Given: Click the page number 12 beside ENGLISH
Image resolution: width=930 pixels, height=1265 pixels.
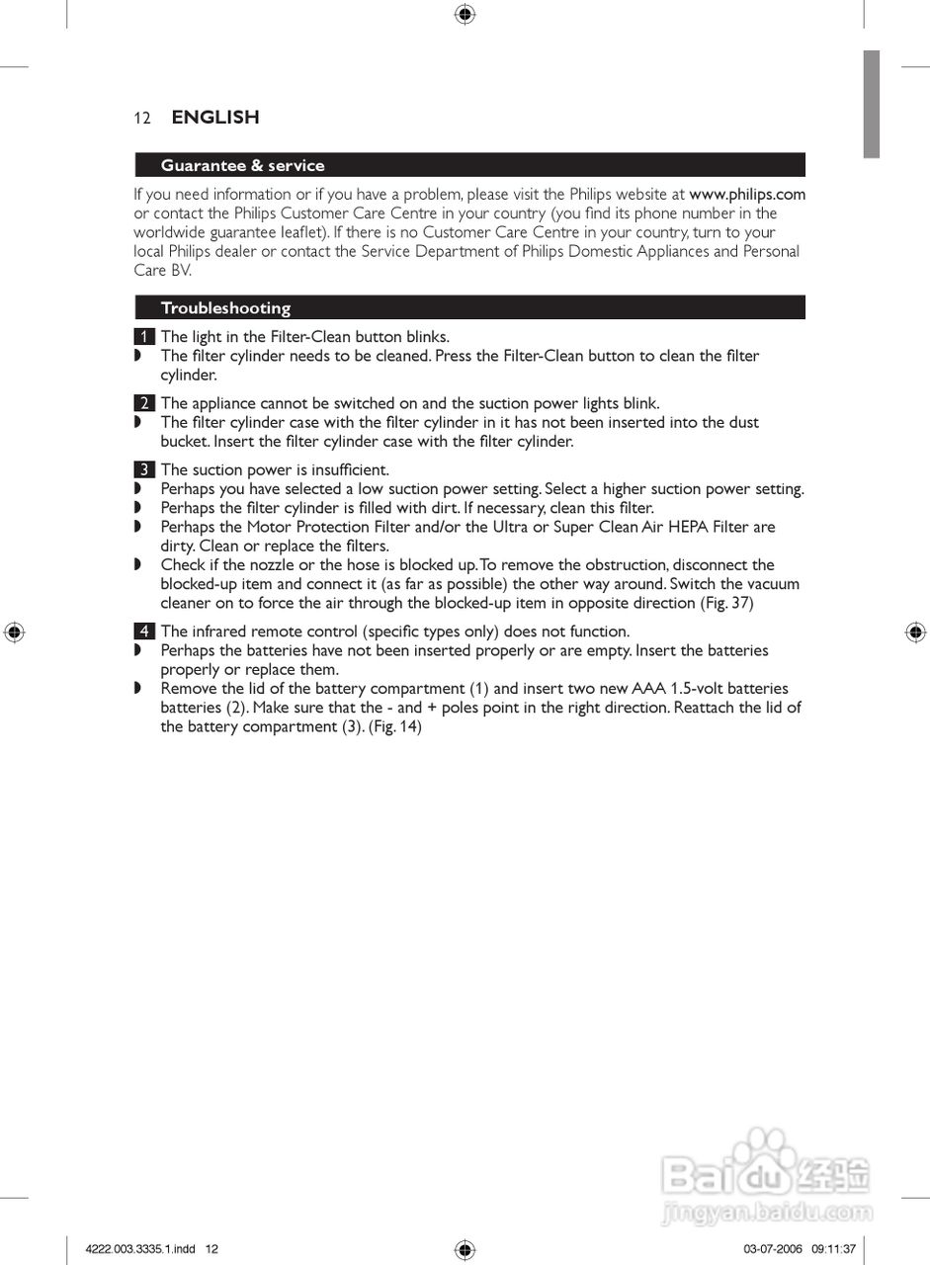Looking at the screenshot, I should [142, 118].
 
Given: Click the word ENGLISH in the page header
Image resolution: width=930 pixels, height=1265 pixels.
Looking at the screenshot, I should [215, 117].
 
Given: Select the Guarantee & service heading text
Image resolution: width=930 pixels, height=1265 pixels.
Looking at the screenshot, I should [242, 165].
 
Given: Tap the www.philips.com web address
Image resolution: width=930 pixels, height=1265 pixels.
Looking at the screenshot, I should [747, 194].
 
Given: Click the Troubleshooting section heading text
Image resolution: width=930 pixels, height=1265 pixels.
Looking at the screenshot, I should [225, 307].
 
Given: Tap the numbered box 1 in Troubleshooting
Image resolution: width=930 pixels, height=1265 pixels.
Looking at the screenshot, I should [144, 337].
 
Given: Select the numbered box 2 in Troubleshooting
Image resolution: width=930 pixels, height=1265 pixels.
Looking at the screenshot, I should [144, 403].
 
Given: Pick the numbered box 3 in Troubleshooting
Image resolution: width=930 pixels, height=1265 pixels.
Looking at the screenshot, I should [144, 469].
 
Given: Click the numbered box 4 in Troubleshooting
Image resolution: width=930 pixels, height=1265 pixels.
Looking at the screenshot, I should [144, 632].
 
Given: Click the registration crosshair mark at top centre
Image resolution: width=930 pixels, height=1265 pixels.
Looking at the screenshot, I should [465, 14].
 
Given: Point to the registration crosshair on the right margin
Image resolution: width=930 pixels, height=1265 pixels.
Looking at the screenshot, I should [915, 632].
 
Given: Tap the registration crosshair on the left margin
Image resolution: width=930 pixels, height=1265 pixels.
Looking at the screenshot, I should [14, 632].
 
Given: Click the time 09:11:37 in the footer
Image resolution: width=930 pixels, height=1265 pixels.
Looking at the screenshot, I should [834, 1249].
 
